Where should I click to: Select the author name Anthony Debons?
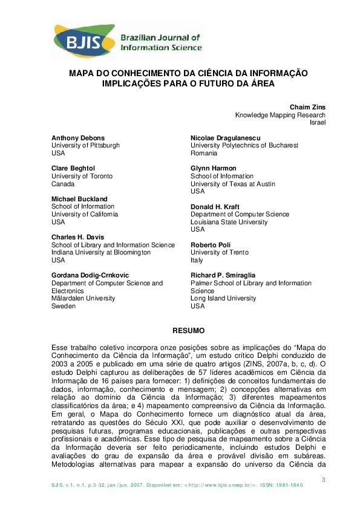pyautogui.click(x=78, y=138)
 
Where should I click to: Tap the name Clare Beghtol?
pyautogui.click(x=73, y=168)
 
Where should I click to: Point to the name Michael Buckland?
pyautogui.click(x=79, y=199)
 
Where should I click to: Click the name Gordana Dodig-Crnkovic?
pyautogui.click(x=90, y=275)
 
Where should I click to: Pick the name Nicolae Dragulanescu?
pyautogui.click(x=227, y=138)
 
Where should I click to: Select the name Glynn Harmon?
pyautogui.click(x=214, y=168)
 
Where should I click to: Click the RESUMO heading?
pyautogui.click(x=189, y=331)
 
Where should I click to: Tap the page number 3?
pyautogui.click(x=324, y=480)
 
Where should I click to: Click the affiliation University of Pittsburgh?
pyautogui.click(x=85, y=146)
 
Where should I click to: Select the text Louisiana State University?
pyautogui.click(x=229, y=222)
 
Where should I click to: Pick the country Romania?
pyautogui.click(x=204, y=154)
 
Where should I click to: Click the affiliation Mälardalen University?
pyautogui.click(x=83, y=298)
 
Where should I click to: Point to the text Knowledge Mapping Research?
pyautogui.click(x=280, y=115)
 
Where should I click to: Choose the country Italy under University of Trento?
pyautogui.click(x=197, y=260)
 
